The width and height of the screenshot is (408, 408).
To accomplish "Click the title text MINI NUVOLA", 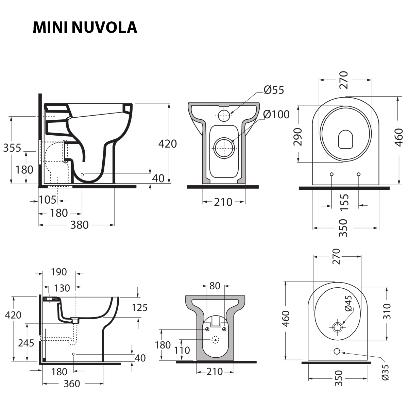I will [x=85, y=28].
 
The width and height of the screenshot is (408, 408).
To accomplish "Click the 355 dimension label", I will [x=12, y=148].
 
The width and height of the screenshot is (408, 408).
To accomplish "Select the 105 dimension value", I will [x=47, y=200].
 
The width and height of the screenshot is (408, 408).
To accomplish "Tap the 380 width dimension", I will [x=79, y=225].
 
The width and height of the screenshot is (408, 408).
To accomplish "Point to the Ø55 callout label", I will [x=274, y=90].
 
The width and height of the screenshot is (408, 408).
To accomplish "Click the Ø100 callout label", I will [x=276, y=115].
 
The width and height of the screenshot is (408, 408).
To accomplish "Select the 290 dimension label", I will [x=298, y=136].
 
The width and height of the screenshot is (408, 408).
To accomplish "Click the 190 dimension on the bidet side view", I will [x=59, y=272].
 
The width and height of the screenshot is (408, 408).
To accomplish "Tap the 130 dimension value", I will [x=62, y=288].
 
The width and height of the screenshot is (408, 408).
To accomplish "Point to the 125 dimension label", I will [x=139, y=308].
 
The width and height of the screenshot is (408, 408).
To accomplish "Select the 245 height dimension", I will [x=26, y=343].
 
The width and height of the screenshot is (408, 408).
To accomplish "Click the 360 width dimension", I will [x=72, y=384].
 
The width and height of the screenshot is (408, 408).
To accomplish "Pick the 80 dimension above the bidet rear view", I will [x=215, y=286].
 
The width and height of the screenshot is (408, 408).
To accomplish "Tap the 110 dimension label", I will [x=182, y=350].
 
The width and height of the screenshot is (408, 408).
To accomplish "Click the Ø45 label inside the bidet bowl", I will [x=348, y=303].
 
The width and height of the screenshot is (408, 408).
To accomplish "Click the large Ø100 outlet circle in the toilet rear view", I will [x=223, y=148].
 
